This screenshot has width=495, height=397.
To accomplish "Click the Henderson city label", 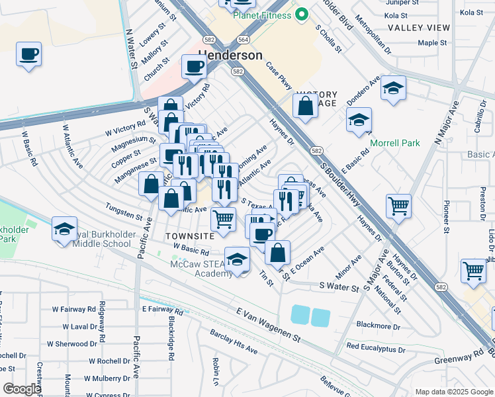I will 230,56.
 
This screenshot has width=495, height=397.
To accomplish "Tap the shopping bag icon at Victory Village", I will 304,107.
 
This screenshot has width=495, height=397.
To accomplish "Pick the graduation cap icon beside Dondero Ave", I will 393,89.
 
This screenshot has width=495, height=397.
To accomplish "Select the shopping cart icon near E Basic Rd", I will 398,206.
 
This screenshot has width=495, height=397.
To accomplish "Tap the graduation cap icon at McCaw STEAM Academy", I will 237,259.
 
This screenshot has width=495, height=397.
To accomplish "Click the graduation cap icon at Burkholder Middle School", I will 64,229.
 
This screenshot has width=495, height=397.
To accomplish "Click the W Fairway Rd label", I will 73,309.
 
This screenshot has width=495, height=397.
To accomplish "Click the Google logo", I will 22,388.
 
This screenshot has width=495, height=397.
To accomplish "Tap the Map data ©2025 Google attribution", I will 453,391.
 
